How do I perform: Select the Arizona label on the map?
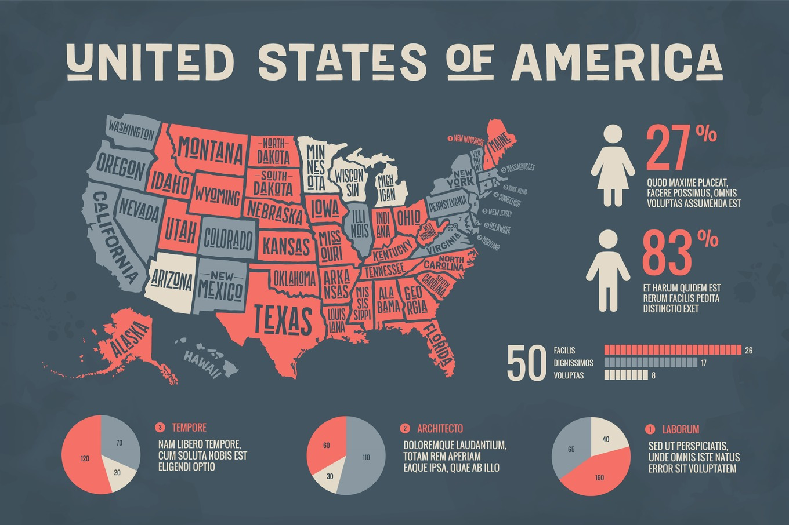coord(171,280)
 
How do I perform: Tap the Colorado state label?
coord(228,238)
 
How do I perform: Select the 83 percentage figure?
coord(667,253)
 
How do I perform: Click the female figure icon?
coord(613,165)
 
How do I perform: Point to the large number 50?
coord(526,363)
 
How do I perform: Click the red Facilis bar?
coord(672,350)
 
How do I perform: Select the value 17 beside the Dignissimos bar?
coord(703,363)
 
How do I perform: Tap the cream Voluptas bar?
coord(625,375)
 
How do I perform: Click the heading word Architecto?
coord(440,429)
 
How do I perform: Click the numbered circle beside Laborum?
coord(650,429)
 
